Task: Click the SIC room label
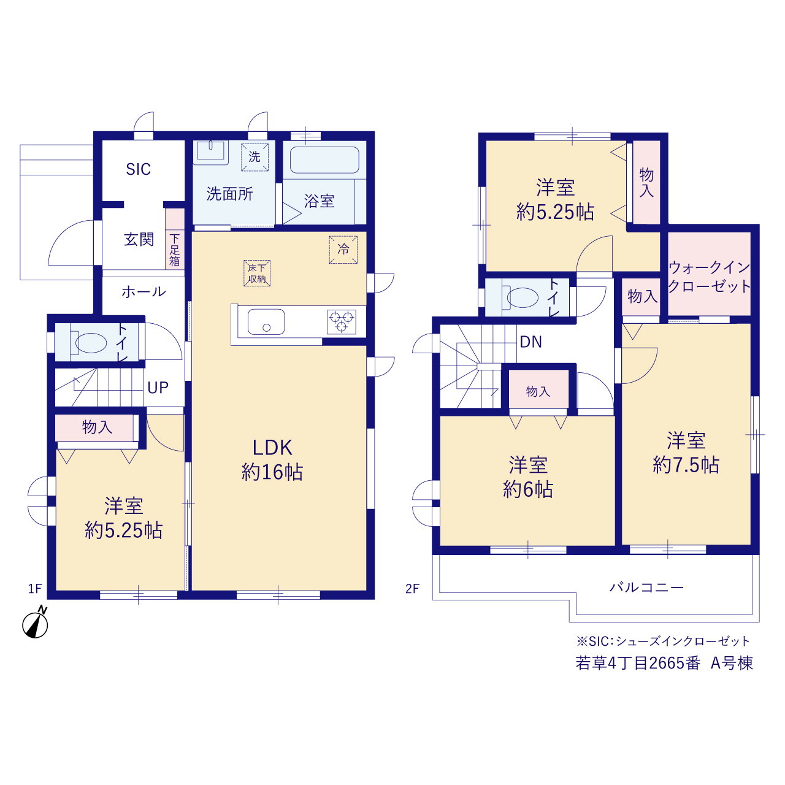pyautogui.click(x=138, y=169)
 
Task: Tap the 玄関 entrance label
pyautogui.click(x=139, y=239)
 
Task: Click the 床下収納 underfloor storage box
pyautogui.click(x=257, y=273)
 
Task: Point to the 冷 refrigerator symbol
pyautogui.click(x=343, y=250)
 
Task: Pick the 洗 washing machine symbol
pyautogui.click(x=255, y=157)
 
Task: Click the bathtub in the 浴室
pyautogui.click(x=324, y=159)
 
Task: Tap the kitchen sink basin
pyautogui.click(x=266, y=322)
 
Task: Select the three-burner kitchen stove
pyautogui.click(x=342, y=322)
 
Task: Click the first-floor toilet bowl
pyautogui.click(x=90, y=343)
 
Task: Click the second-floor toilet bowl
pyautogui.click(x=522, y=297)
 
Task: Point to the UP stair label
pyautogui.click(x=158, y=388)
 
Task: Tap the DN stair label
pyautogui.click(x=531, y=342)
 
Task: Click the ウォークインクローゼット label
pyautogui.click(x=709, y=277)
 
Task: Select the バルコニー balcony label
pyautogui.click(x=646, y=588)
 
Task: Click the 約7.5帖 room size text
pyautogui.click(x=686, y=465)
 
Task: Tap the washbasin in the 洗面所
pyautogui.click(x=210, y=152)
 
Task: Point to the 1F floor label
pyautogui.click(x=35, y=589)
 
